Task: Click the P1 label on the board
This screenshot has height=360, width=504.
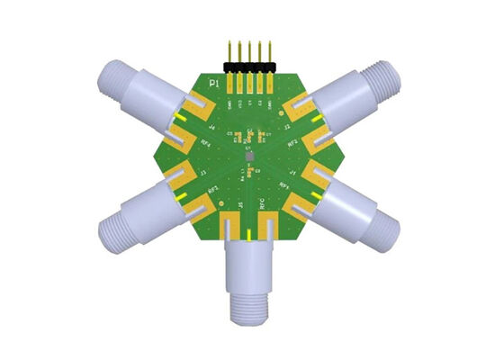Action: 214,84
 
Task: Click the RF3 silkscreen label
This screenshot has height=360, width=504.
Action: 213,189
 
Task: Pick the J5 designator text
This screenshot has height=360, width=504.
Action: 240,205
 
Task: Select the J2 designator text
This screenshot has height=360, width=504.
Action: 286,128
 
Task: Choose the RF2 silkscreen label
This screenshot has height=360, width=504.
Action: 292,141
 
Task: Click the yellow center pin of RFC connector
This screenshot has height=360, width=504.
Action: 249,236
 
